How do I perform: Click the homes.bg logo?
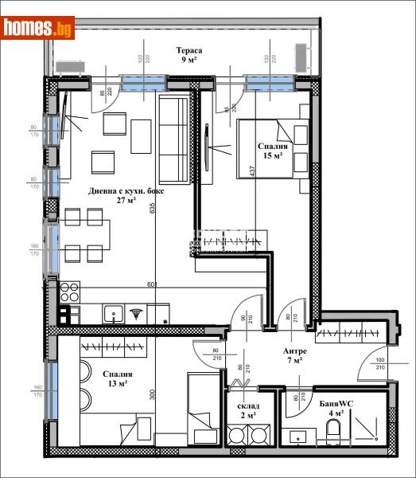click(x=39, y=29)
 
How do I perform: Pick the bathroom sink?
click(x=298, y=436)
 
